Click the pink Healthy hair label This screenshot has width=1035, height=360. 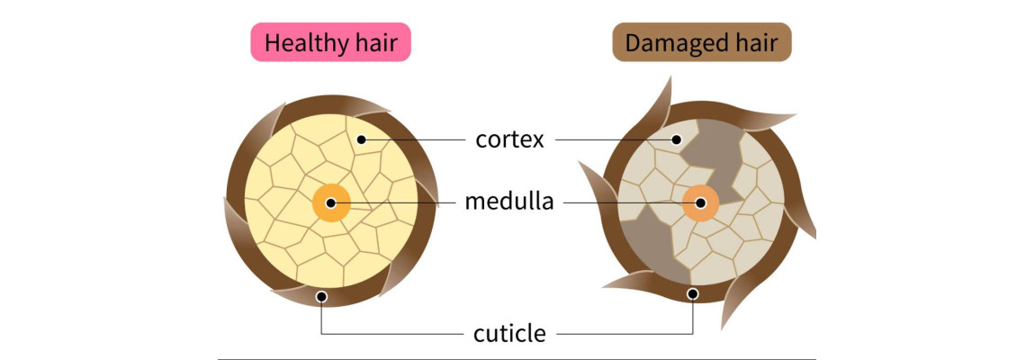(330, 42)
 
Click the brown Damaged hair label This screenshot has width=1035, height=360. (701, 42)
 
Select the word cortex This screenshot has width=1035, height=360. (509, 140)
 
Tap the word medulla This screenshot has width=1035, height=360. (508, 202)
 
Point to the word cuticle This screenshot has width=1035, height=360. (509, 334)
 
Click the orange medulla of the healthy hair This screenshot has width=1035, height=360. (330, 202)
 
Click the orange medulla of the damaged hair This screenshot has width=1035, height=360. (700, 203)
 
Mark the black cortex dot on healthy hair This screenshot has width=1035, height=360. (360, 139)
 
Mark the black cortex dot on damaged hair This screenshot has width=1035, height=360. (676, 139)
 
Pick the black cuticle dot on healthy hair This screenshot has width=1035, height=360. (321, 297)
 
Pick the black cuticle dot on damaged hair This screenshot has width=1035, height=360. (692, 294)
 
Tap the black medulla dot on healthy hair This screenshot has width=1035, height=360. (330, 202)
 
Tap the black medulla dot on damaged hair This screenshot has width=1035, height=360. (700, 203)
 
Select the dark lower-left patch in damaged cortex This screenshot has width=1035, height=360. (647, 245)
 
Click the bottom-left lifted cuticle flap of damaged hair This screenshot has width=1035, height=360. (627, 281)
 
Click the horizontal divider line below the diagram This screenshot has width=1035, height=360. (517, 358)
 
